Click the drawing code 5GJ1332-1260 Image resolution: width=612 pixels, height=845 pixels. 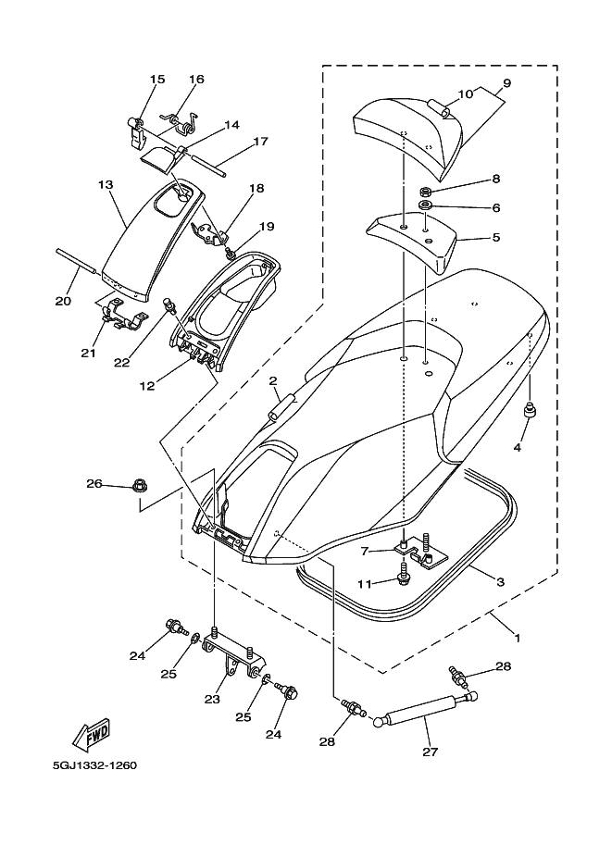pos(94,765)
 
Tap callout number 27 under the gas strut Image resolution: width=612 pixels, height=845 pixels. pos(430,752)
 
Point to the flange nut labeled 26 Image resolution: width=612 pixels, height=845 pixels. pos(138,489)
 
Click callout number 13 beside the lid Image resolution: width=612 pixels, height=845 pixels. pos(106,185)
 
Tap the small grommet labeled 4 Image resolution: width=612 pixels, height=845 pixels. pos(529,410)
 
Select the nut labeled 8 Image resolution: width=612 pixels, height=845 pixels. pos(424,192)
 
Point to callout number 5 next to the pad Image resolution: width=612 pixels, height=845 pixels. pos(496,237)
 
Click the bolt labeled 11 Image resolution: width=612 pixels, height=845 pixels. pos(403,575)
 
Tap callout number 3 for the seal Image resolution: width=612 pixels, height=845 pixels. pos(500,582)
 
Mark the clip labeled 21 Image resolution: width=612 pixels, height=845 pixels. pos(122,316)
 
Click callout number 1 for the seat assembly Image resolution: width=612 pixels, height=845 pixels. pos(517,638)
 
